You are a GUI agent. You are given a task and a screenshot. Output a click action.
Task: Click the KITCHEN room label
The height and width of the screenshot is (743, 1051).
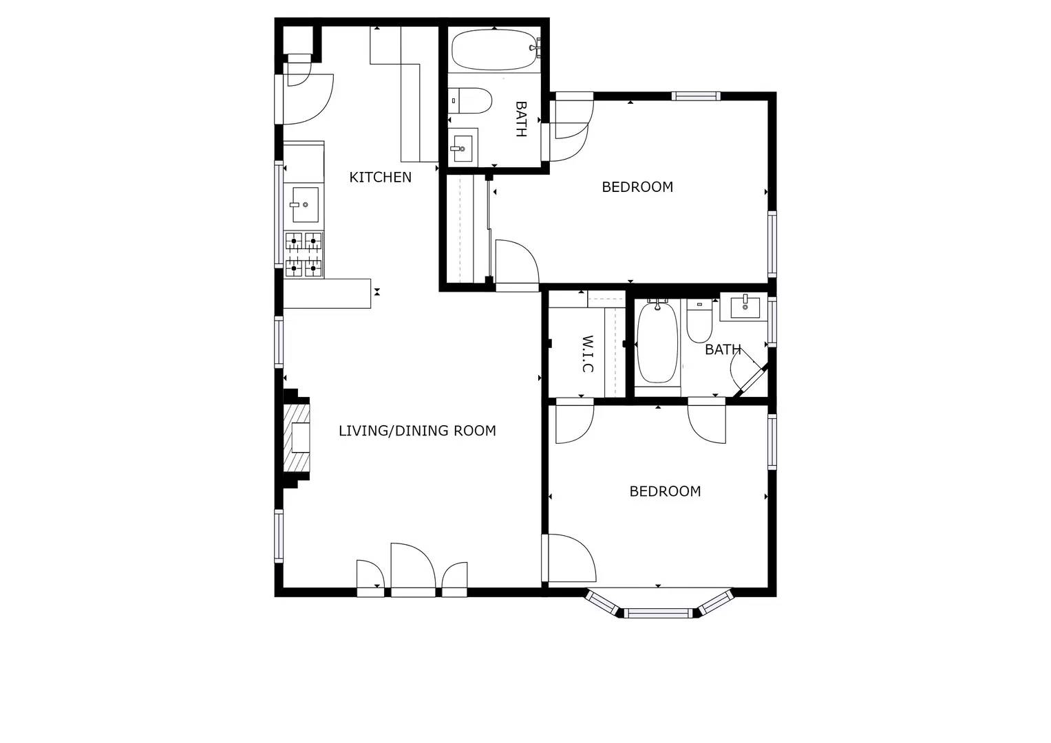click(x=380, y=177)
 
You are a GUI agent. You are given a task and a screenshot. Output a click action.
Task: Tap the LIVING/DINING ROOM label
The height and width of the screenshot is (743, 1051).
click(x=417, y=431)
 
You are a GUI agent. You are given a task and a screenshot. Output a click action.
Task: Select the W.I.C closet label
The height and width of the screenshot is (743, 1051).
click(x=587, y=354)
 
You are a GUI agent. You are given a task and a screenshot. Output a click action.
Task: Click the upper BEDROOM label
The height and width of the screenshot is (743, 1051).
click(x=637, y=187)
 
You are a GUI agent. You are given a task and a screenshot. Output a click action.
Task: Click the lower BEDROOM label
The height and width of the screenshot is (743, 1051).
click(x=665, y=491)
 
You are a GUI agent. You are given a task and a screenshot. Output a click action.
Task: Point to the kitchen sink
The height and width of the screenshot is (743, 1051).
click(x=305, y=205)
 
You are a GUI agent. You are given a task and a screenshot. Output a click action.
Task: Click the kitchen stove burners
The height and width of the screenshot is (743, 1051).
click(x=304, y=255)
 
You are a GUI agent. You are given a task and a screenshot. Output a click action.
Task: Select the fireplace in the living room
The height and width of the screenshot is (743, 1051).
click(x=297, y=438)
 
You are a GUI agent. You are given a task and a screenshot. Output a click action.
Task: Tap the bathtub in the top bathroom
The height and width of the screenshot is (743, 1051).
click(x=494, y=49)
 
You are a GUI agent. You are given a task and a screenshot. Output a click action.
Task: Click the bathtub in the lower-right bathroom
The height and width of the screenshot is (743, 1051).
click(x=657, y=343)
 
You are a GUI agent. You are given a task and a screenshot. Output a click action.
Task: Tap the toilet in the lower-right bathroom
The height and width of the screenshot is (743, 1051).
click(x=699, y=321)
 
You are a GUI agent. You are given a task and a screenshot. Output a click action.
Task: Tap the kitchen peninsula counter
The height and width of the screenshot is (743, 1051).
click(x=327, y=293)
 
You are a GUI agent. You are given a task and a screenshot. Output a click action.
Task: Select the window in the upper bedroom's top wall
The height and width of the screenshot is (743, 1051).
click(x=697, y=96)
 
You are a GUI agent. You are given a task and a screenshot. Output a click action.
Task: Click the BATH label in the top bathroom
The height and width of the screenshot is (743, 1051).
click(x=521, y=119)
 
